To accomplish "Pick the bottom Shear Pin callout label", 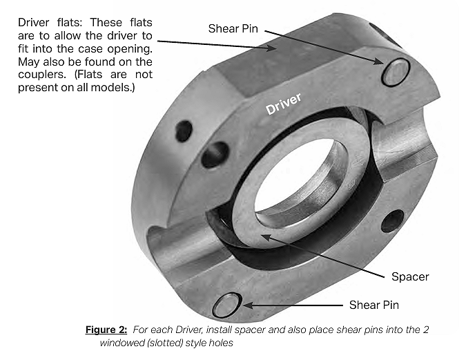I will [373, 304].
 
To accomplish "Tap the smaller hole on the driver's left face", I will [184, 131].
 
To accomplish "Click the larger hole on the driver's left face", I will [215, 154].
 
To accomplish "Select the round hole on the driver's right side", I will [392, 220].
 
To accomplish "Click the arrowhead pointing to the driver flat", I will [276, 49].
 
